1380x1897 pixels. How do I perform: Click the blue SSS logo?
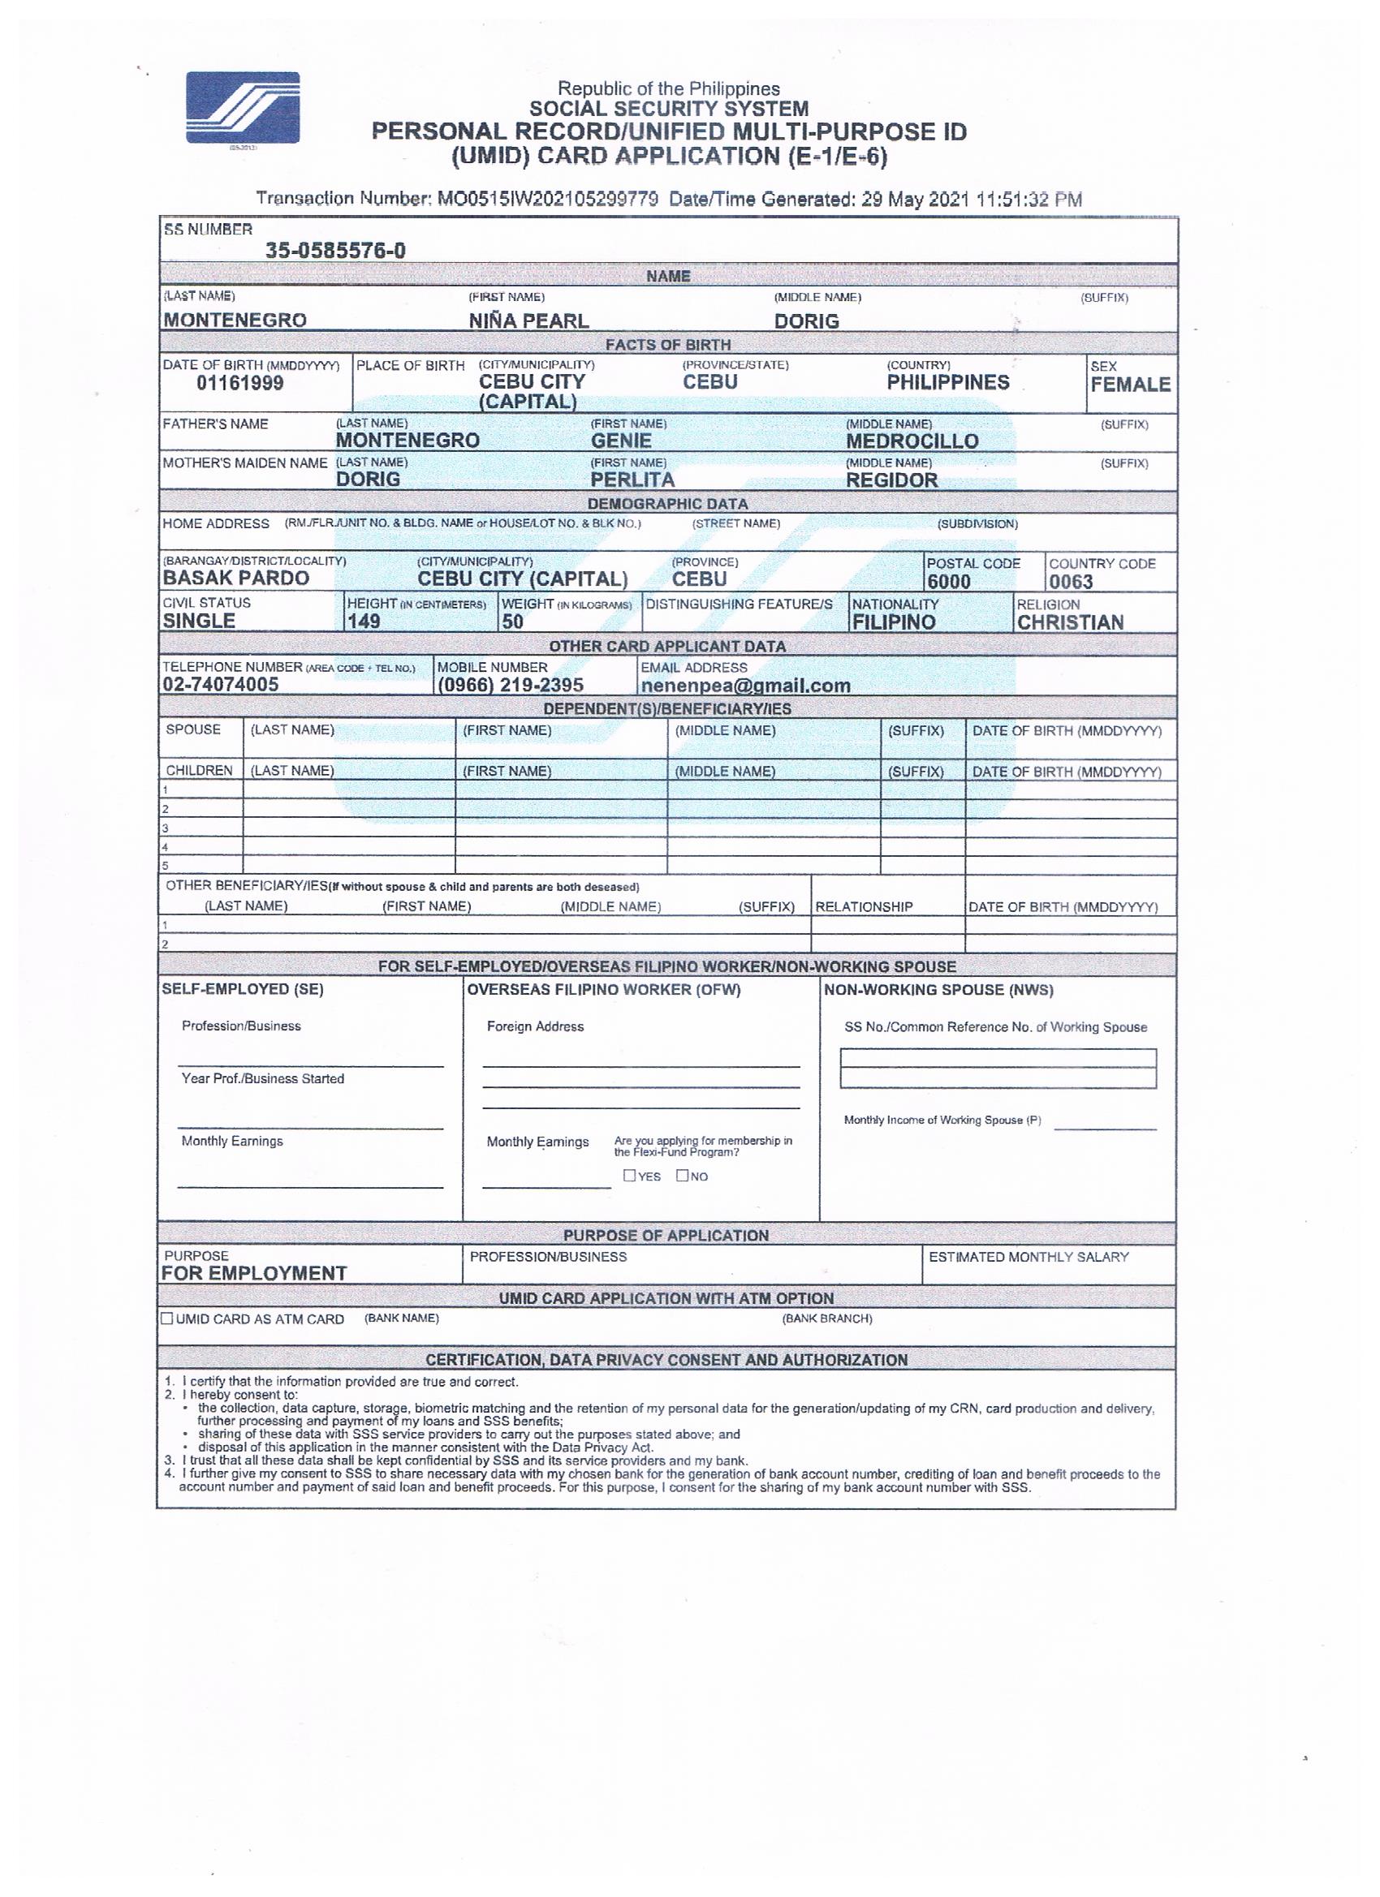(x=243, y=108)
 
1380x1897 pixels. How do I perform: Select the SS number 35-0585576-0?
(x=335, y=251)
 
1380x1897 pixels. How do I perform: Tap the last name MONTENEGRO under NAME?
(x=235, y=320)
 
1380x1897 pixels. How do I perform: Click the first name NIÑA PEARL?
(x=529, y=321)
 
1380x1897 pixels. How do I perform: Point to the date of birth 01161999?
(x=240, y=384)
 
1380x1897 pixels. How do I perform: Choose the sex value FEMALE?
(x=1130, y=385)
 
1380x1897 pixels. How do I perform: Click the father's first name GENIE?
(x=621, y=441)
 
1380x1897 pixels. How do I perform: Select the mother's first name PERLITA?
(x=632, y=480)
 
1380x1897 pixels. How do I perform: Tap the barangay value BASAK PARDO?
(x=236, y=579)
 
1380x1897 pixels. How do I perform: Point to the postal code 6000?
(x=948, y=582)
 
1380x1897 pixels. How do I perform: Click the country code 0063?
(x=1072, y=582)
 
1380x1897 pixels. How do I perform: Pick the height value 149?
(x=363, y=622)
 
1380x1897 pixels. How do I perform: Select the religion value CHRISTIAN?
(x=1071, y=623)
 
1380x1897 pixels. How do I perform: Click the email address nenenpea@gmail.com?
(x=745, y=686)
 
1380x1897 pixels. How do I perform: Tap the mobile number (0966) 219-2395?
(x=511, y=686)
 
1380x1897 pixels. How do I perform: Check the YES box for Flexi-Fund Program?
(x=629, y=1175)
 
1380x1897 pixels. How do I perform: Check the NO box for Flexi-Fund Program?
(x=682, y=1175)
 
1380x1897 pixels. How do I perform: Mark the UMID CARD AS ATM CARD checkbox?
(x=167, y=1319)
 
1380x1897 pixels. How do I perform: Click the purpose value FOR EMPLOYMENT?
(x=254, y=1273)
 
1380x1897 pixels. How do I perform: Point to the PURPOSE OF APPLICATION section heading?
(x=666, y=1236)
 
